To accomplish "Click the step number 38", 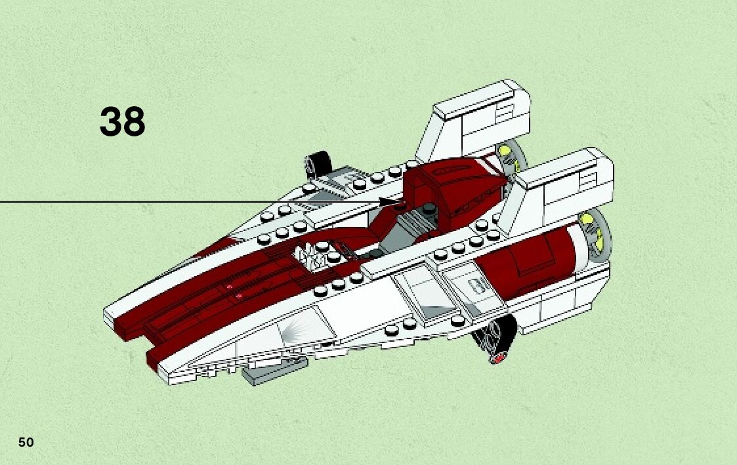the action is (123, 123).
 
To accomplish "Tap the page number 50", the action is (26, 442).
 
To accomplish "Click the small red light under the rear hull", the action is (501, 358).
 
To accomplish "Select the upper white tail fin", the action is (476, 121).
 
